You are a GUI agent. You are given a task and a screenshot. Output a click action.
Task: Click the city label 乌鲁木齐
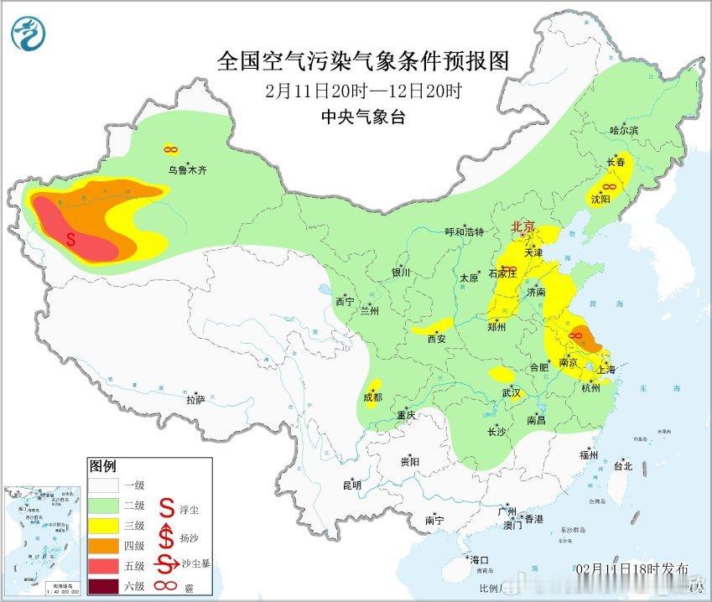click(x=186, y=170)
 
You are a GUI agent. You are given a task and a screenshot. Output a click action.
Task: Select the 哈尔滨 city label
click(x=624, y=131)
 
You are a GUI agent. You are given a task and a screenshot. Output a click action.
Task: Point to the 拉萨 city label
click(x=195, y=400)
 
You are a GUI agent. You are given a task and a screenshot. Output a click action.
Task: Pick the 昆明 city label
click(x=351, y=485)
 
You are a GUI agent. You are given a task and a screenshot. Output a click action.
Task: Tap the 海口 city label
click(x=479, y=560)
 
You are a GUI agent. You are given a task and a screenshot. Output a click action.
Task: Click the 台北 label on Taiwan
click(x=622, y=466)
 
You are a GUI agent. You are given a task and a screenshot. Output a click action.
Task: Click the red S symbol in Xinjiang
click(x=71, y=239)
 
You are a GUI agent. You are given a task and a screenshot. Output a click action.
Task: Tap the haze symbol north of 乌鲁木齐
click(x=171, y=149)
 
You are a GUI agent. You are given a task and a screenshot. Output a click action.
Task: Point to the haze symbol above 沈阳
click(x=611, y=185)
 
